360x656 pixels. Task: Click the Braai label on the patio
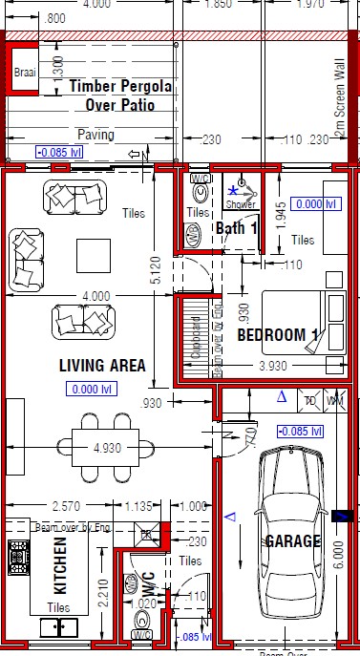(24, 72)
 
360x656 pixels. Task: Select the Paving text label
(95, 135)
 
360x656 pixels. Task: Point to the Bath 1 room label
(237, 228)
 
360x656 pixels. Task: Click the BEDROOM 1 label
(277, 336)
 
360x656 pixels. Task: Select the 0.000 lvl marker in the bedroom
(316, 203)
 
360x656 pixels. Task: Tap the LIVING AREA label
(101, 365)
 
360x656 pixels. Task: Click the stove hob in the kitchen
(17, 555)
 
